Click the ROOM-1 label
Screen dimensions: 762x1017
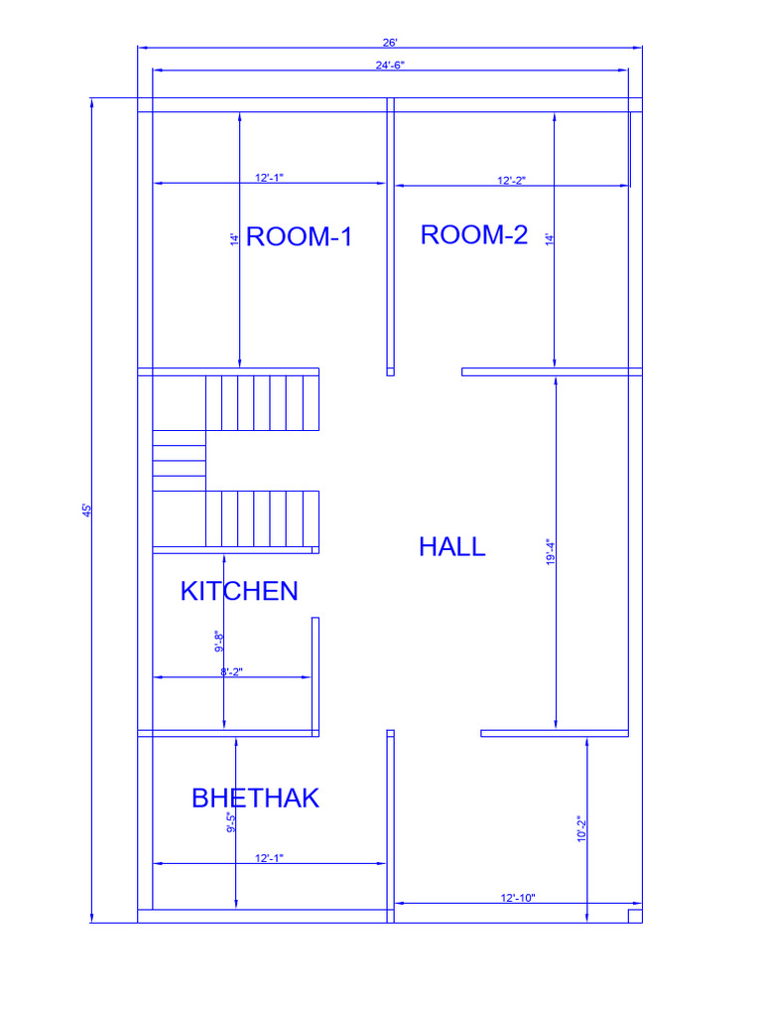click(x=300, y=236)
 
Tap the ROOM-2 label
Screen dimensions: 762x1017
click(x=474, y=234)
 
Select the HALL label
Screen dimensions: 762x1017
click(x=452, y=547)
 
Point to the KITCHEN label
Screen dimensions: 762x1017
click(x=239, y=591)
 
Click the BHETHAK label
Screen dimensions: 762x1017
click(x=255, y=798)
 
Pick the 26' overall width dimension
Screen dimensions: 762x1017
click(x=389, y=43)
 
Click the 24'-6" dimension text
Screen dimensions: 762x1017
click(x=390, y=65)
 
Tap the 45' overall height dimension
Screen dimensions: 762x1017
click(x=87, y=510)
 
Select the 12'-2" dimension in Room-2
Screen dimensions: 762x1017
click(x=511, y=181)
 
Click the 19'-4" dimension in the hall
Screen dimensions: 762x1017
click(x=550, y=552)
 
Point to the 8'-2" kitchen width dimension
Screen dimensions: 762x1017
click(x=232, y=672)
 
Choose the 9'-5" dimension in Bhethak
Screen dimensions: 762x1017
click(x=231, y=822)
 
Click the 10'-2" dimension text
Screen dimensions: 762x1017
click(x=581, y=829)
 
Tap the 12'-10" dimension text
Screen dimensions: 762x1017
click(x=518, y=898)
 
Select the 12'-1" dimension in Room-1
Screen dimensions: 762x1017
click(x=269, y=178)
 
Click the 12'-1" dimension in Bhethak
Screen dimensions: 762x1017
click(x=269, y=858)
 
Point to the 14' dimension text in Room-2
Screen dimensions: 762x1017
click(x=550, y=239)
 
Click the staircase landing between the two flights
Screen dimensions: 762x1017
click(x=180, y=461)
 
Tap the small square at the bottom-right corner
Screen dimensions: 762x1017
click(x=635, y=916)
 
